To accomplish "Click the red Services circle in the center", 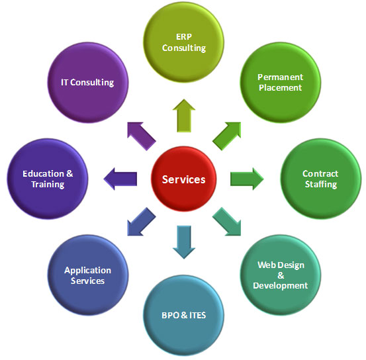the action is click(184, 179).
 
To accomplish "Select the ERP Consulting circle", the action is click(184, 42).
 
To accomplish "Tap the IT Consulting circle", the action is click(88, 83).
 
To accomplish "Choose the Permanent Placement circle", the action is click(281, 83).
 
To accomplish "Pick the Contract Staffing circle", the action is click(321, 179).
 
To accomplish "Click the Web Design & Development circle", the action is click(281, 275).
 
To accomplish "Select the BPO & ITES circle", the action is click(184, 315).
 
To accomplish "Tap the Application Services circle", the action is click(88, 275).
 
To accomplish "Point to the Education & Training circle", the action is click(48, 179).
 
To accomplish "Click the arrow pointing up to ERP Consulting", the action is click(184, 116).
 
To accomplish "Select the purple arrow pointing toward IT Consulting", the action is click(142, 136).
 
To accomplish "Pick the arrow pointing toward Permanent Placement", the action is click(226, 136).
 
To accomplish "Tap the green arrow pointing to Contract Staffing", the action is click(247, 179).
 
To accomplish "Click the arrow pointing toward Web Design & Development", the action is click(226, 222).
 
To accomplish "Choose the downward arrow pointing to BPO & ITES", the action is click(184, 242).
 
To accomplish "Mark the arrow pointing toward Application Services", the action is click(142, 222).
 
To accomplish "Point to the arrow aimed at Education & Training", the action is click(120, 179).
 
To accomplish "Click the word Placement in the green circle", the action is click(281, 88).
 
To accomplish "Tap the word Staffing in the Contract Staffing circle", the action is click(321, 185).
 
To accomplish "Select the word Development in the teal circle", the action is click(281, 286).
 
